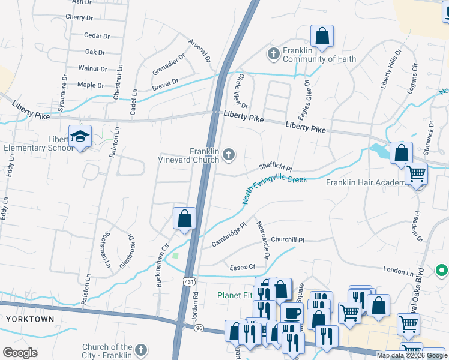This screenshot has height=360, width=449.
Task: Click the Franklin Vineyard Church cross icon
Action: pyautogui.click(x=228, y=156)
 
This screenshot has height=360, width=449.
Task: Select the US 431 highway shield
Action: pyautogui.click(x=189, y=281)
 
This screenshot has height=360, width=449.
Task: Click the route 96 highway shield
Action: pyautogui.click(x=199, y=328)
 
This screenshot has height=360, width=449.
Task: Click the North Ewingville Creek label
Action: pyautogui.click(x=274, y=190)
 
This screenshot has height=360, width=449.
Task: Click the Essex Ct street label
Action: pyautogui.click(x=243, y=266)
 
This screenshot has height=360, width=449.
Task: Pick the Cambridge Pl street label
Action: pyautogui.click(x=229, y=235)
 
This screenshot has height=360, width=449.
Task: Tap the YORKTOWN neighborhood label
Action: pyautogui.click(x=30, y=319)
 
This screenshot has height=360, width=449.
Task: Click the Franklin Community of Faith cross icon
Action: pyautogui.click(x=273, y=54)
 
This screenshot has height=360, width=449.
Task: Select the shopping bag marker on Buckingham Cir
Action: pyautogui.click(x=185, y=218)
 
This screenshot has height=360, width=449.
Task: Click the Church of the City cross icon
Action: pyautogui.click(x=140, y=350)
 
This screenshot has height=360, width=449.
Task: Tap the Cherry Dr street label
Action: pyautogui.click(x=80, y=17)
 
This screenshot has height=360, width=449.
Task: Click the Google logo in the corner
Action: pyautogui.click(x=20, y=353)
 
